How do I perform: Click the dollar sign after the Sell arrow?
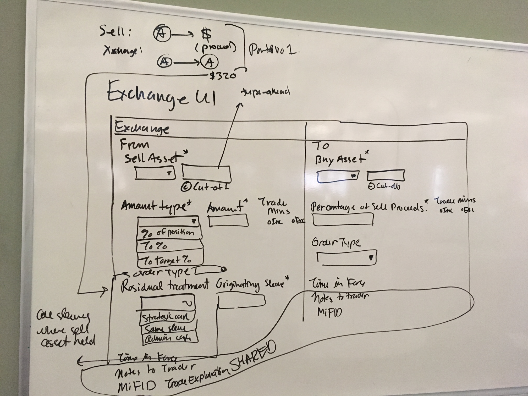(206, 35)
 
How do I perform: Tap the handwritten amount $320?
(223, 76)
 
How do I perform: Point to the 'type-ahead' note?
(265, 92)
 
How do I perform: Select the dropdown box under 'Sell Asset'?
(155, 173)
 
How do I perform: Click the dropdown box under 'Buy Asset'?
(337, 177)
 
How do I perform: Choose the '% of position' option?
(169, 233)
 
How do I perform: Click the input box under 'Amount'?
(228, 220)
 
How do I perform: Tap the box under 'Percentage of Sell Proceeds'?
(343, 219)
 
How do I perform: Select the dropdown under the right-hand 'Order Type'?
(346, 257)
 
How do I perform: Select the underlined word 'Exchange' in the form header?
(142, 129)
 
